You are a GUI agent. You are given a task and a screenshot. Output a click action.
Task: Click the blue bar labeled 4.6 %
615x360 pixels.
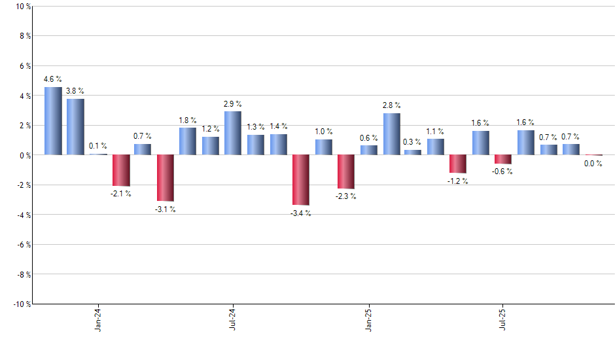53,121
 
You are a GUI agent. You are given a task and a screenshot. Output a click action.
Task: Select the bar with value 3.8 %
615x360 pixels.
75,127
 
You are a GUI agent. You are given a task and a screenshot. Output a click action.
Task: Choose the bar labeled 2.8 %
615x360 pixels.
391,134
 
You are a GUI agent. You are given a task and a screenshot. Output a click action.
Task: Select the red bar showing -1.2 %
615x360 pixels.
458,164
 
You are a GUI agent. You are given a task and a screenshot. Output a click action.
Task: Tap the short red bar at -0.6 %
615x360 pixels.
503,159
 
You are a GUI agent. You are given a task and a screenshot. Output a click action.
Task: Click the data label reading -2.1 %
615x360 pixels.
121,193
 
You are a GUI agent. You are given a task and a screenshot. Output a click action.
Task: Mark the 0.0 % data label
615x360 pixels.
593,164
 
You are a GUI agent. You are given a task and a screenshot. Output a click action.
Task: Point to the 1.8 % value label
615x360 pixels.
188,120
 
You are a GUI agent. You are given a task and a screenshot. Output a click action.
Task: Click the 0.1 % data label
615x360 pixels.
98,146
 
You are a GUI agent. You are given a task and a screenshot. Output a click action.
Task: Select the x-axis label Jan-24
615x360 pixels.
98,320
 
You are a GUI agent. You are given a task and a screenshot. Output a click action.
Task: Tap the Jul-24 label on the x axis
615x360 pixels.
233,320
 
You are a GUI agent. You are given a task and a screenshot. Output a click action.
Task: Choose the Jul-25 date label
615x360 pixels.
502,320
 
